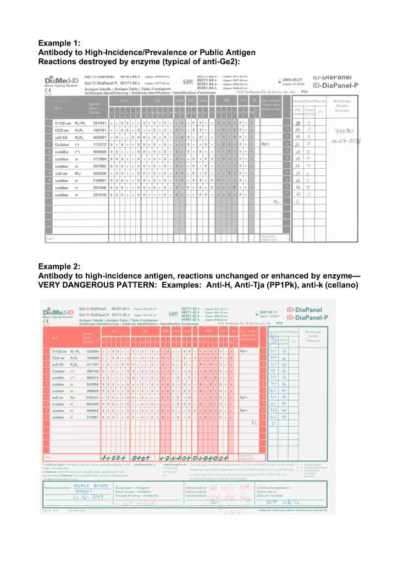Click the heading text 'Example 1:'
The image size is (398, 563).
point(59,43)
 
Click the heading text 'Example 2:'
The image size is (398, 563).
point(59,267)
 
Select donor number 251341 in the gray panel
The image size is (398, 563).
point(99,123)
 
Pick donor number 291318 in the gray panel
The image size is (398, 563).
point(99,195)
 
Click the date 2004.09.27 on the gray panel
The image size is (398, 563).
point(294,79)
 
